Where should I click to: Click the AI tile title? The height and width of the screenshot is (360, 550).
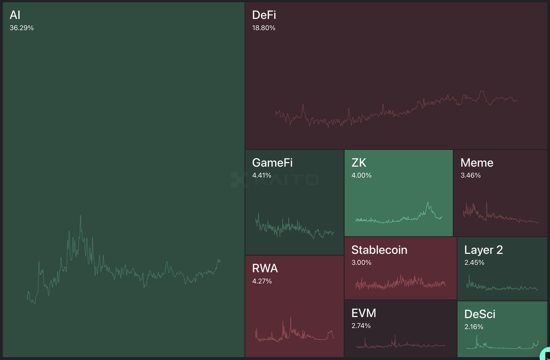click(15, 15)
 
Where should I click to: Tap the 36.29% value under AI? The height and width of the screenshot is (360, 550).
click(22, 28)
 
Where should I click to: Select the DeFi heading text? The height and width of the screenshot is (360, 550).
click(264, 15)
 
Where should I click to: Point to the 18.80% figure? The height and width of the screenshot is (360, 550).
click(264, 28)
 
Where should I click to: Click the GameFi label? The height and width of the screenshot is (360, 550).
click(272, 163)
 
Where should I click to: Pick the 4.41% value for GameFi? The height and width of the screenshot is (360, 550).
click(262, 175)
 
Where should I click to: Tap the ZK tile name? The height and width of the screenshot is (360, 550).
click(359, 163)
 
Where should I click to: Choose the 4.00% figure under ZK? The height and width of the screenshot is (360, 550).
click(362, 175)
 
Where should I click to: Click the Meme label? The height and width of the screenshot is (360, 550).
click(477, 163)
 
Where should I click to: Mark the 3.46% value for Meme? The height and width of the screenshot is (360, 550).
click(471, 175)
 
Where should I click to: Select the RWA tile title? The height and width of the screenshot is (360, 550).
click(265, 268)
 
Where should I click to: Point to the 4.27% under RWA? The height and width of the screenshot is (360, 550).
click(262, 281)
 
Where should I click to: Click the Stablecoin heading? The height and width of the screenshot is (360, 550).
click(379, 250)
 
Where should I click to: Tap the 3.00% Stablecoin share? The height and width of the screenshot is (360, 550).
click(362, 262)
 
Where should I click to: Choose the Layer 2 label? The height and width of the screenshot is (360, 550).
click(484, 250)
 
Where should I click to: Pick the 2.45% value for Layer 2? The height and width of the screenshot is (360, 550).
click(474, 262)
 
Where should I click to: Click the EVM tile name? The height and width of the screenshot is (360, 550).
click(363, 313)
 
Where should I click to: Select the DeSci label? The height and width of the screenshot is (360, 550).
click(480, 314)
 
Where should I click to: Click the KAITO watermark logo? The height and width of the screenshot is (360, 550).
click(275, 179)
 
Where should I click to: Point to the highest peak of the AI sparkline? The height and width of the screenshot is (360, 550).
click(81, 216)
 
